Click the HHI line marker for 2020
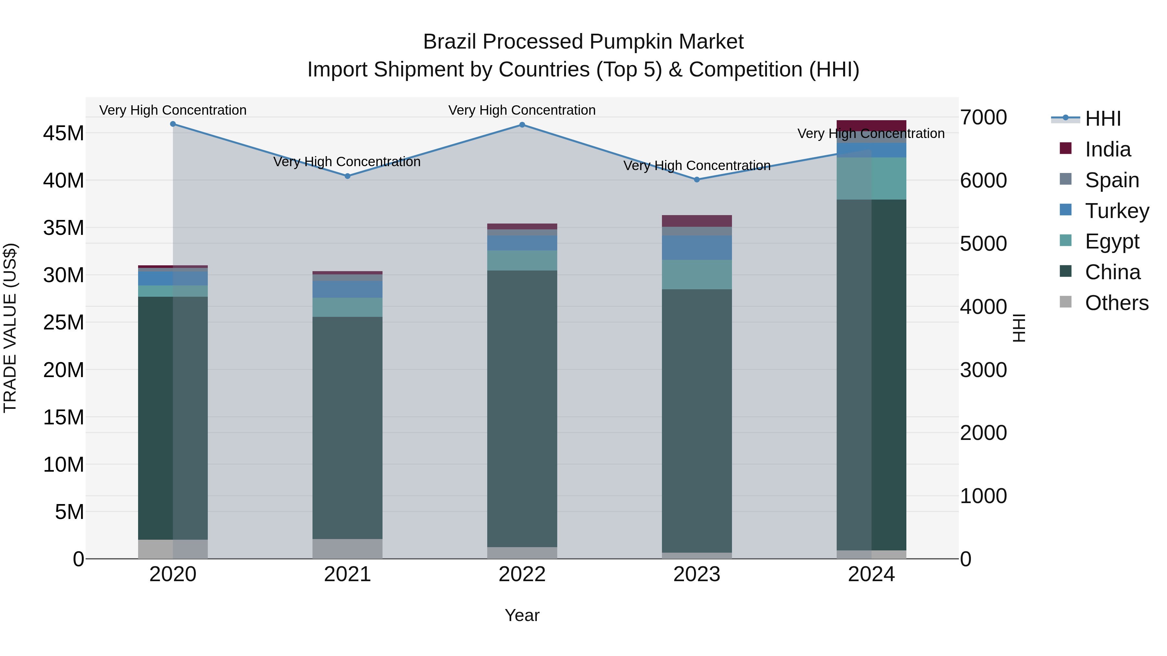point(172,124)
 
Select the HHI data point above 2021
point(348,176)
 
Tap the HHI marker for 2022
point(522,125)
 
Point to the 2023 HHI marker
point(697,180)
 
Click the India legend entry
point(1107,149)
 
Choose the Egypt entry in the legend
point(1112,241)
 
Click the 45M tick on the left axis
point(64,133)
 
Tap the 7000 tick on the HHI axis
point(984,118)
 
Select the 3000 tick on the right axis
point(984,370)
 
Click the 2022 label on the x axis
point(522,574)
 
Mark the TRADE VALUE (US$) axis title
point(10,328)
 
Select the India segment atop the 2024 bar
point(871,125)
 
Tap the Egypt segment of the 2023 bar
point(697,274)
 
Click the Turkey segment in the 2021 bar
point(348,289)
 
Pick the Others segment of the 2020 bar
point(172,549)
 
